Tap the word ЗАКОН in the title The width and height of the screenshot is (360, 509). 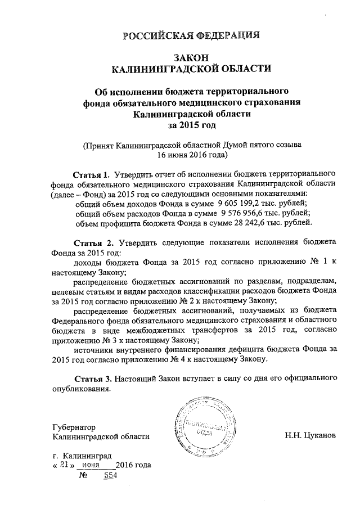tap(191, 58)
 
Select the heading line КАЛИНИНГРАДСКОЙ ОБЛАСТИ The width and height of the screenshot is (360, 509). tap(191, 69)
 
